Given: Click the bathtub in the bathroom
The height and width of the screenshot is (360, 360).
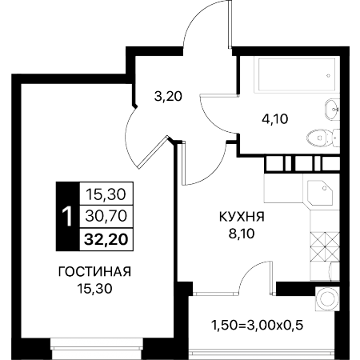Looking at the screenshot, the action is pos(297,74).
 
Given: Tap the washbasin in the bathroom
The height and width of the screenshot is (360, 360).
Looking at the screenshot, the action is pos(332,110).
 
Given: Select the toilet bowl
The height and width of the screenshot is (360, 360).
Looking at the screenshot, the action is pos(323,138).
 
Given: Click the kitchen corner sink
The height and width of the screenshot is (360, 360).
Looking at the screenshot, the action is pos(320,193).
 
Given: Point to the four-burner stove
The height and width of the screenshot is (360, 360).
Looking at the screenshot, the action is pos(325,246).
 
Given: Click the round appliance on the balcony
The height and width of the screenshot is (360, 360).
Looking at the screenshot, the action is pos(327,298).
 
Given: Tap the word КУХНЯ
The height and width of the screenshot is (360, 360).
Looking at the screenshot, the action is pos(242,217).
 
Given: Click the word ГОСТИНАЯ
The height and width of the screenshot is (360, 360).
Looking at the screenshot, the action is pos(94,272).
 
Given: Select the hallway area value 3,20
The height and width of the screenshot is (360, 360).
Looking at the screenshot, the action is pos(168,96).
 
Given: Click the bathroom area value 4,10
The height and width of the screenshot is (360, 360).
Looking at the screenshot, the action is pos(275,118).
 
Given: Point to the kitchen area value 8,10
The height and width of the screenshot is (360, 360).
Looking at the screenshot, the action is pos(242,234).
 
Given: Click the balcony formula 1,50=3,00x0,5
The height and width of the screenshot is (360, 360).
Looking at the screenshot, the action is pos(258,326).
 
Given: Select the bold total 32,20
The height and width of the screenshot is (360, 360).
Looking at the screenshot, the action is pos(106,239).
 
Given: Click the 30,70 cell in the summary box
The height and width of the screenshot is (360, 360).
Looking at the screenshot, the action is pos(106,216).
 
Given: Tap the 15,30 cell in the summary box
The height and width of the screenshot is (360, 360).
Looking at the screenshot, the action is pos(106,194).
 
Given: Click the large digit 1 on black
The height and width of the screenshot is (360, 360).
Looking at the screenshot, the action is pos(67,217).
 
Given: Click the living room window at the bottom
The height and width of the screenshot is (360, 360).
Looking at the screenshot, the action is pos(97,349).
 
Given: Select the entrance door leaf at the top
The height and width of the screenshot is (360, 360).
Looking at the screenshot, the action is pos(230,24).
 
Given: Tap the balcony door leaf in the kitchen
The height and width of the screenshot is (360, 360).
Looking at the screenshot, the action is pos(271,278).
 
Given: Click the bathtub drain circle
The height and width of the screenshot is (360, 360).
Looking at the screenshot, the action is pos(329,76).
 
